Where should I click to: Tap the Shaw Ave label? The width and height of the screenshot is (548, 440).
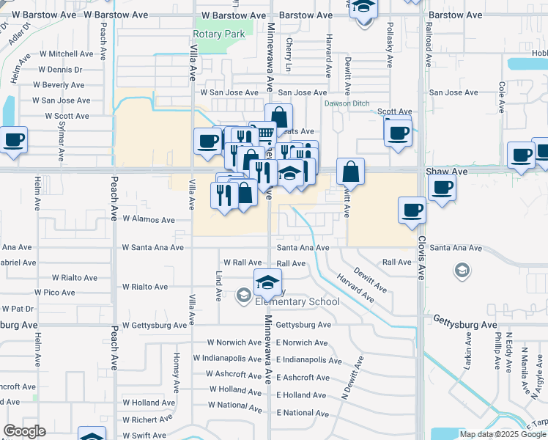tap(446, 172)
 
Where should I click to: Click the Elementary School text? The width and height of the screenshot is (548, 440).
tap(297, 301)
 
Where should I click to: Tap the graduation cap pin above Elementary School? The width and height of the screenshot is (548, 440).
tap(268, 282)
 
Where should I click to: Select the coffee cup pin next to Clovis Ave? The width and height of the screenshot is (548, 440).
tap(412, 210)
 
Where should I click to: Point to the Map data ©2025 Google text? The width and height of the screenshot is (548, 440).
tap(502, 434)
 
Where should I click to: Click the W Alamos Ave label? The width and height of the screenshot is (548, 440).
tap(149, 219)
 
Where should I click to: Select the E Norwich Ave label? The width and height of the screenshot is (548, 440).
tap(302, 342)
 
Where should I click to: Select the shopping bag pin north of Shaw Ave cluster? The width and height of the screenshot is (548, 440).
tap(278, 117)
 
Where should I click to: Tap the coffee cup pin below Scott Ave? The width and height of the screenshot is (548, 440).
tap(397, 133)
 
